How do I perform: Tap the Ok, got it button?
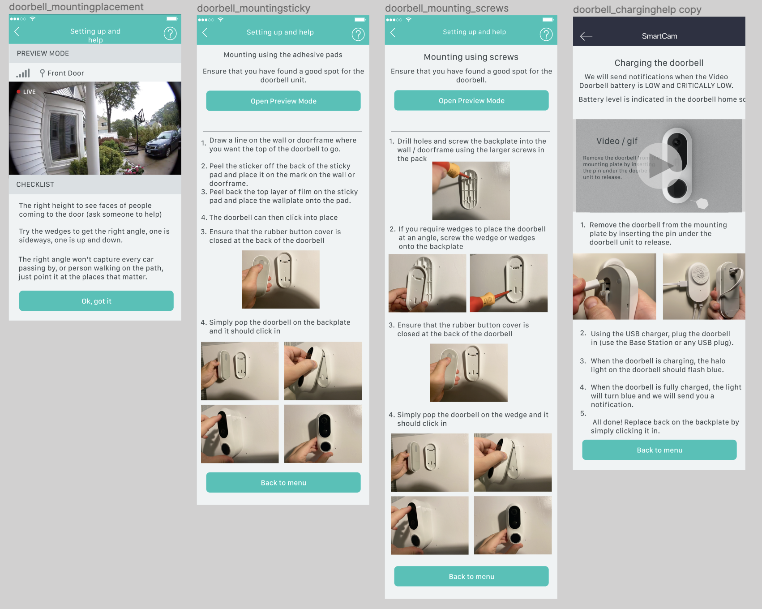96,301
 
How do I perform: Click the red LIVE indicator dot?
18,92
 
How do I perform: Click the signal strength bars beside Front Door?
23,73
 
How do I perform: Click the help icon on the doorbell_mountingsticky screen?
358,34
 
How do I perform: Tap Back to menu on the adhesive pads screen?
283,483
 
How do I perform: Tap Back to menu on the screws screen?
471,577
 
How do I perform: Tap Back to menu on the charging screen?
659,450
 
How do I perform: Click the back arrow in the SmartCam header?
586,36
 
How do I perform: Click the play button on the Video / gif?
659,166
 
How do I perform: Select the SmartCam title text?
659,36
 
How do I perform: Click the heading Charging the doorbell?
659,63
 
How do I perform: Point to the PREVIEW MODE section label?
43,53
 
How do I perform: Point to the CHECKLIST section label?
35,184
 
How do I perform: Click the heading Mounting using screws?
471,57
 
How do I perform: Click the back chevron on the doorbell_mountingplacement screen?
17,31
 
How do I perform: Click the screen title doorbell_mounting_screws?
447,9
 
